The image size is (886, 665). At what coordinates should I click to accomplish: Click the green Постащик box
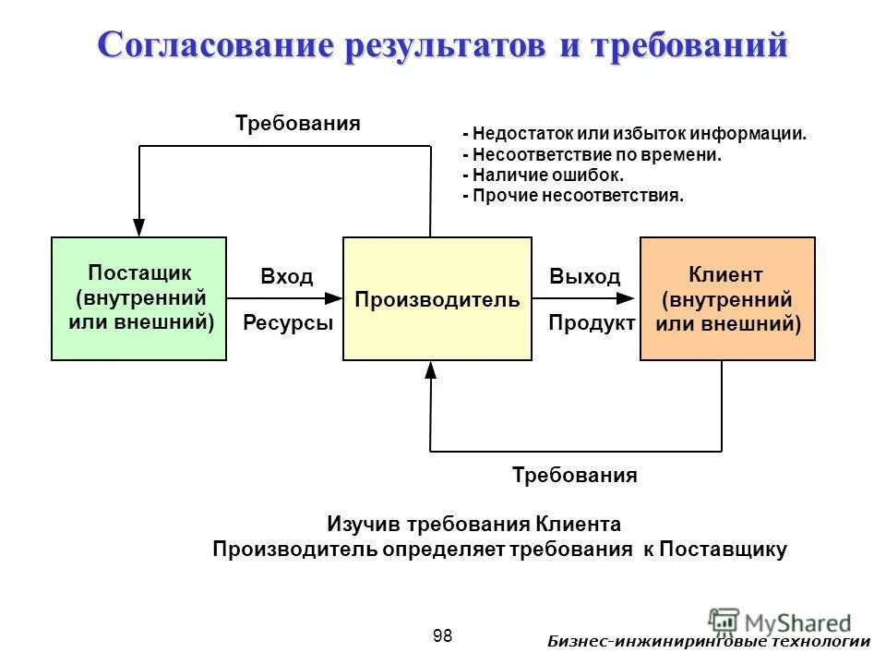pyautogui.click(x=138, y=298)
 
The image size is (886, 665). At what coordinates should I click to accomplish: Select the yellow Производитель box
pyautogui.click(x=437, y=298)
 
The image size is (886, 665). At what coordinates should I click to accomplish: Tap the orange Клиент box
pyautogui.click(x=727, y=298)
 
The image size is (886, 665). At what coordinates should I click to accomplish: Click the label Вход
pyautogui.click(x=287, y=277)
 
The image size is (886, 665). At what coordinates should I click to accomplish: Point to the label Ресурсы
pyautogui.click(x=287, y=323)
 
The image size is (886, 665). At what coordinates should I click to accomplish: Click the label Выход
pyautogui.click(x=585, y=277)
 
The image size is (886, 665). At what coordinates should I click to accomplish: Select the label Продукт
pyautogui.click(x=592, y=323)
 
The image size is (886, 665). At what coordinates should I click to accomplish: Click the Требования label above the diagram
pyautogui.click(x=297, y=123)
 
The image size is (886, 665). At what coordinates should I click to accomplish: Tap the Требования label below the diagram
pyautogui.click(x=574, y=476)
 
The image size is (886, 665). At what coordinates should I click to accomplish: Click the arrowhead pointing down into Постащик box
pyautogui.click(x=138, y=227)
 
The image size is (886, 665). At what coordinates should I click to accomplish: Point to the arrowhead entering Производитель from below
pyautogui.click(x=431, y=369)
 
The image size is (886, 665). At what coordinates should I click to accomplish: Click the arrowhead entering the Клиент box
pyautogui.click(x=629, y=298)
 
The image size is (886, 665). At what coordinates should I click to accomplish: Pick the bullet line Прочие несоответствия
pyautogui.click(x=573, y=196)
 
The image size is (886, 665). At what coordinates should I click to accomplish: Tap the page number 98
pyautogui.click(x=442, y=635)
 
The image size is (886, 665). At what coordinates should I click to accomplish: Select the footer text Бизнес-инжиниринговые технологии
pyautogui.click(x=708, y=643)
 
